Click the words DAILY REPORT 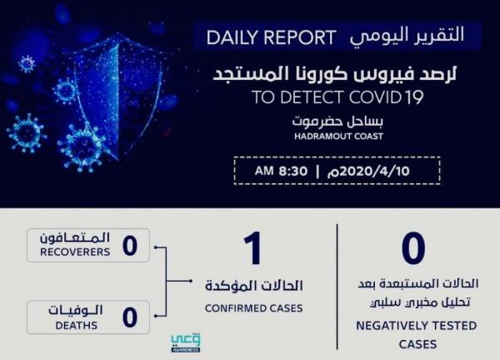click(271, 37)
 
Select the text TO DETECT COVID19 click(337, 97)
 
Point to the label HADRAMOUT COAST click(338, 137)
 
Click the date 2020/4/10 click(368, 172)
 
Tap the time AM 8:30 click(281, 171)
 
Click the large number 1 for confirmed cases click(253, 248)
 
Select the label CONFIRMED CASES click(254, 308)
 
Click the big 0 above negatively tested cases click(413, 248)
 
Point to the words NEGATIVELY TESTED click(417, 326)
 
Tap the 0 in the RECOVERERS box click(130, 246)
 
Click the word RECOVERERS click(75, 252)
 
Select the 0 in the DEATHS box click(130, 317)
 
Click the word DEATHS click(77, 326)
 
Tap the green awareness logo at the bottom click(186, 343)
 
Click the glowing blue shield click(117, 96)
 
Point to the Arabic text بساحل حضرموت click(338, 121)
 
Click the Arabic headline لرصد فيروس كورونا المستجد click(335, 74)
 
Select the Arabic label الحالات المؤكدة click(254, 286)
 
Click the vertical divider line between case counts click(337, 287)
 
